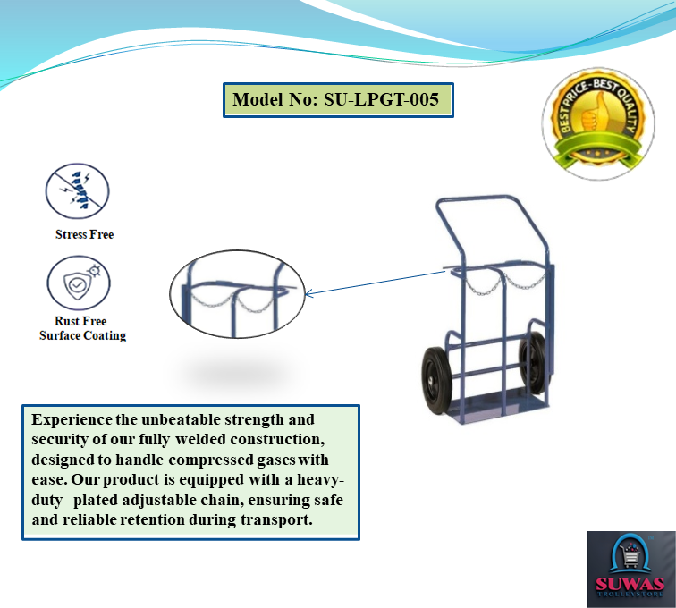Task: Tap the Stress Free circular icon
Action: tap(78, 191)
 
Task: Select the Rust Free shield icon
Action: tap(79, 283)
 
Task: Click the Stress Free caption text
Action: tap(84, 234)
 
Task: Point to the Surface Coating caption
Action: tap(83, 335)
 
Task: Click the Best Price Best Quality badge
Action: tap(598, 123)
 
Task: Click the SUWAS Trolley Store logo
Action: tap(630, 570)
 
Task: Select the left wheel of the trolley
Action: tap(436, 380)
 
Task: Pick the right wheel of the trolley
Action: tap(532, 363)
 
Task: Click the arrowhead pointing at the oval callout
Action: tap(308, 294)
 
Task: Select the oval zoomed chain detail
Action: tap(237, 294)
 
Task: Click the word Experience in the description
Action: tap(72, 419)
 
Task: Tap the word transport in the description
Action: tap(276, 520)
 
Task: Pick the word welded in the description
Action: tap(200, 439)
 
